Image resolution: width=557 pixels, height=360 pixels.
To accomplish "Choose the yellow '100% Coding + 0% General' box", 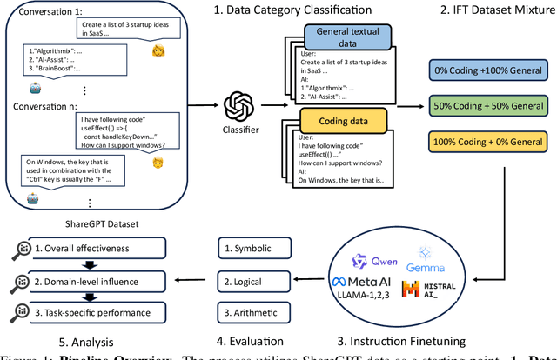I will [491, 142].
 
